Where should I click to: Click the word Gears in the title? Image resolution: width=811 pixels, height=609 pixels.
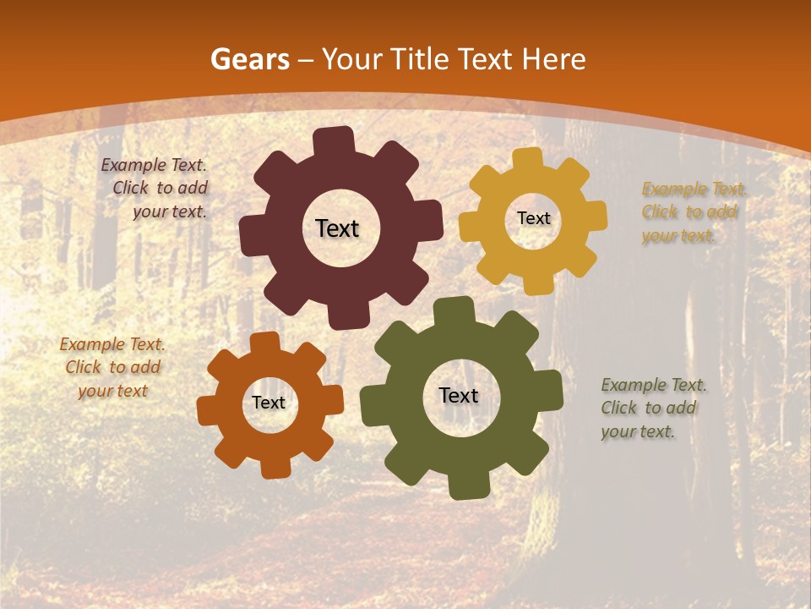pyautogui.click(x=249, y=59)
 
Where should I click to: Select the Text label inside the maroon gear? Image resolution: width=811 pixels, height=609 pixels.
pyautogui.click(x=337, y=228)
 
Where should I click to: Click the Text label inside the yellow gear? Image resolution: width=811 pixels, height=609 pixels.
pyautogui.click(x=533, y=218)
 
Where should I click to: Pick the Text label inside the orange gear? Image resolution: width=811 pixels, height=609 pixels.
pyautogui.click(x=269, y=403)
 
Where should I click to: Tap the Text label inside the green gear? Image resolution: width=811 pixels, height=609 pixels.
pyautogui.click(x=459, y=396)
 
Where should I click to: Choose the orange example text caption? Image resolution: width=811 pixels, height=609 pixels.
pyautogui.click(x=112, y=367)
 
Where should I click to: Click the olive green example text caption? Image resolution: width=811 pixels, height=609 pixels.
pyautogui.click(x=652, y=408)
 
